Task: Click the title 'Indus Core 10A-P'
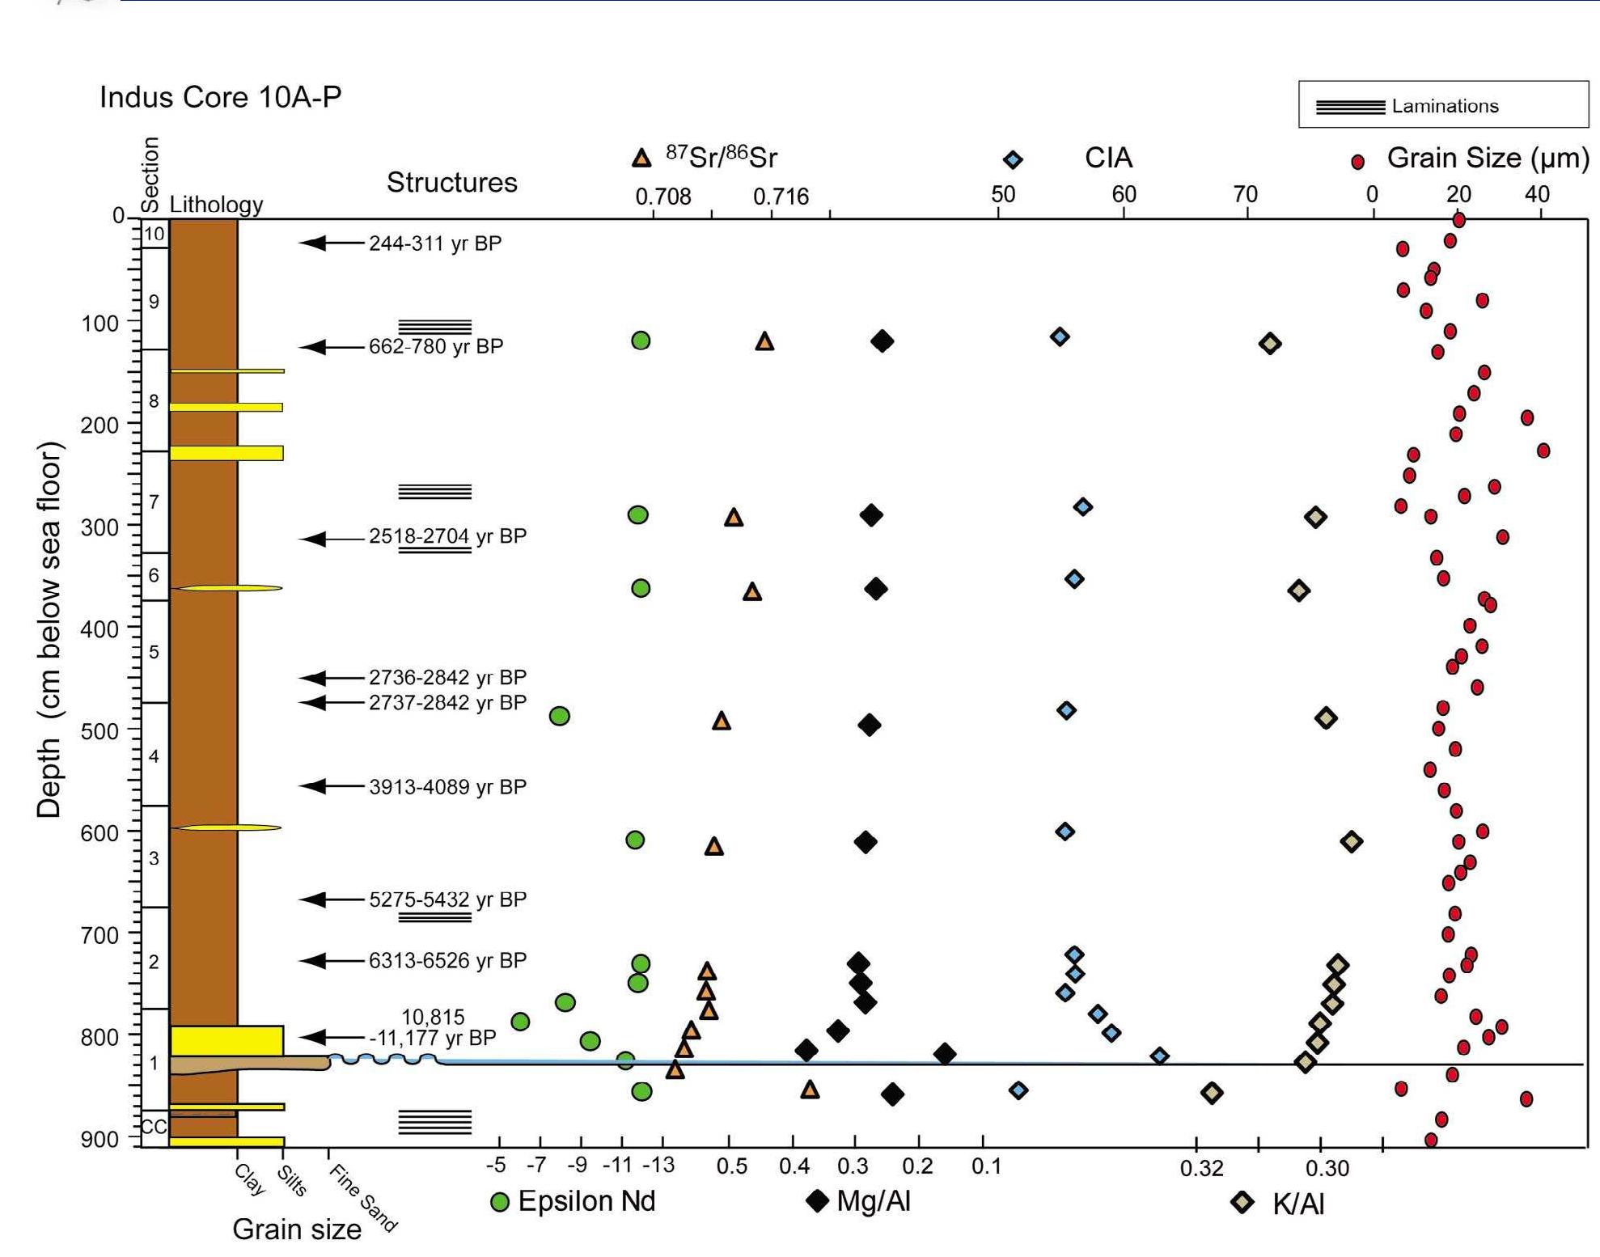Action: tap(220, 97)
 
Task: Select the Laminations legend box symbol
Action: tap(1350, 107)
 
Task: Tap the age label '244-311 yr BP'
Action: tap(435, 243)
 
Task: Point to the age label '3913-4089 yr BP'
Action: tap(447, 787)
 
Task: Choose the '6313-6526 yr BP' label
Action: tap(447, 960)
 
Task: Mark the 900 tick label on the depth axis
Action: tap(99, 1139)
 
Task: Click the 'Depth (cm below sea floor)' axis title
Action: tap(49, 629)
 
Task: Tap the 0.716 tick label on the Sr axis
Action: tap(781, 197)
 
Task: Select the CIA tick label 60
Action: tap(1124, 194)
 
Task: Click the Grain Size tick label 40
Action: tap(1537, 194)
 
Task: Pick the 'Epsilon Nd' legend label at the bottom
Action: tap(586, 1201)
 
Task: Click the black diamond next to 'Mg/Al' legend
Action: tap(818, 1200)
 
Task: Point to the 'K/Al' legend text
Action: tap(1298, 1204)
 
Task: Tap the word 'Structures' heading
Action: tap(451, 183)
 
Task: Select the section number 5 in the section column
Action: tap(154, 652)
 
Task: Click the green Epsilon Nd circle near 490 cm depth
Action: tap(559, 716)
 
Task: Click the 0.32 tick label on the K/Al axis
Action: tap(1201, 1168)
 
